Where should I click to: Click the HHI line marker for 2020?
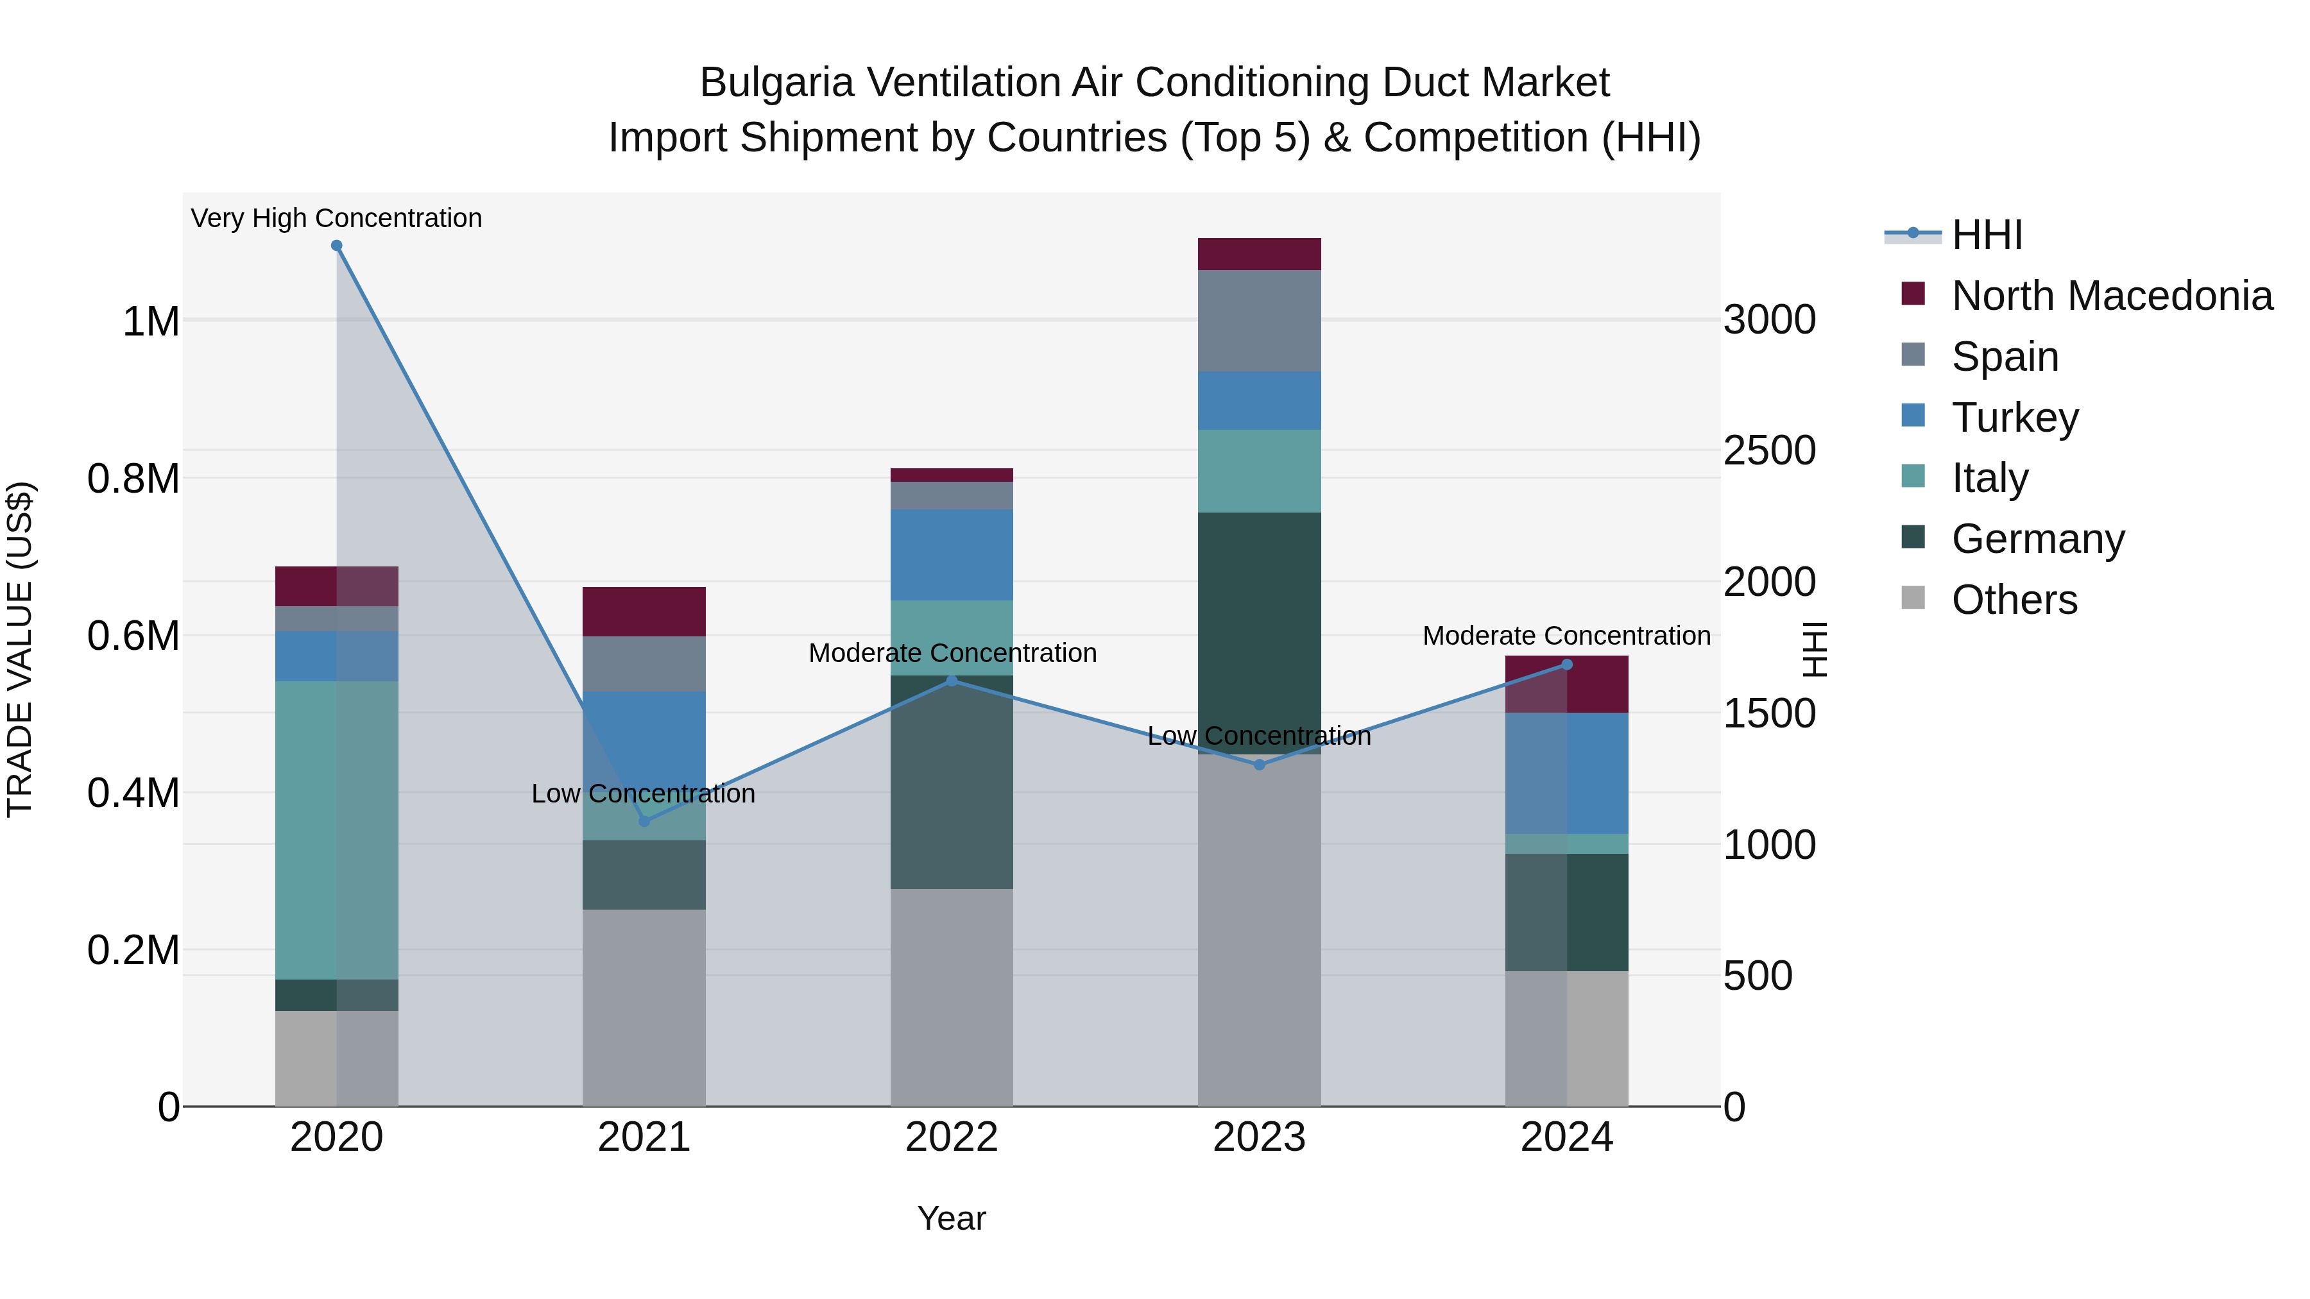[336, 246]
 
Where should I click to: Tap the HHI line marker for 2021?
[644, 821]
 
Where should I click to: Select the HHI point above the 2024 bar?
[1566, 665]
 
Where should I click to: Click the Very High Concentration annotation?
[336, 219]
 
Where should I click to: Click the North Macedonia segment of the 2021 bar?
[644, 611]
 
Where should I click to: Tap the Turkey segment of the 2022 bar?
[952, 554]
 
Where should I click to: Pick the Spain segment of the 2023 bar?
[1259, 320]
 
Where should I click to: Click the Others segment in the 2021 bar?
[644, 1008]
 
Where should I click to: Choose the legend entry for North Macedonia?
[2111, 296]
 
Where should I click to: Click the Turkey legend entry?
[2014, 418]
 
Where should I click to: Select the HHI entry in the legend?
[1986, 235]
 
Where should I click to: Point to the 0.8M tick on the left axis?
[133, 479]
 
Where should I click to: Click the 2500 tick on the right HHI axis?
[1769, 451]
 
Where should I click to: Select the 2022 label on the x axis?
[952, 1137]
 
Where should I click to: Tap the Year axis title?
[952, 1218]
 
